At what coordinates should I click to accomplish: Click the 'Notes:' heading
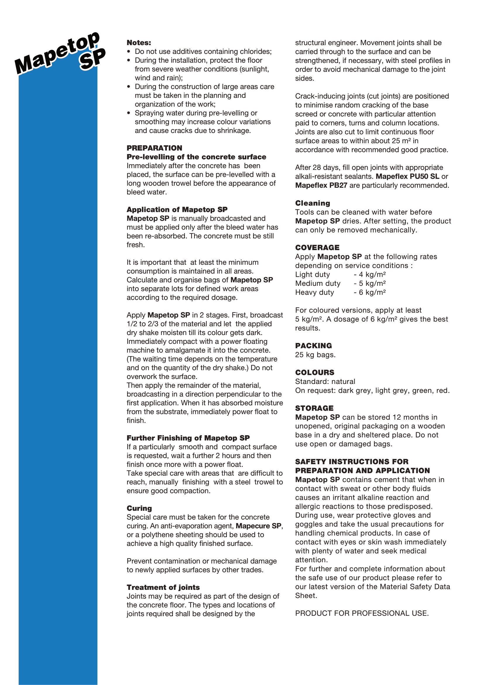click(139, 43)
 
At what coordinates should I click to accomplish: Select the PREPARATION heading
click(155, 148)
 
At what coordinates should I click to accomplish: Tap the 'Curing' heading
click(139, 508)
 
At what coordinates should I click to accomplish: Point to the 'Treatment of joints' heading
click(163, 587)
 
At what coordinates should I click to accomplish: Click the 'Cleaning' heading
click(313, 203)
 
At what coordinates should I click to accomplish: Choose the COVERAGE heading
click(317, 248)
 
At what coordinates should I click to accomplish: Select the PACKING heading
click(313, 346)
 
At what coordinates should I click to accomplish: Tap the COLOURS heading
click(315, 372)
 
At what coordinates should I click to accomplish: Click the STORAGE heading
click(314, 408)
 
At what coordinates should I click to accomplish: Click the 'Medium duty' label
click(318, 283)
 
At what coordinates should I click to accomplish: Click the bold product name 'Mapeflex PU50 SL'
click(407, 176)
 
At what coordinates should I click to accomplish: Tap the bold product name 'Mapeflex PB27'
click(321, 185)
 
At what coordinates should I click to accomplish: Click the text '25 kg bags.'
click(315, 355)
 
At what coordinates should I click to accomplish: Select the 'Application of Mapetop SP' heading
click(177, 209)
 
